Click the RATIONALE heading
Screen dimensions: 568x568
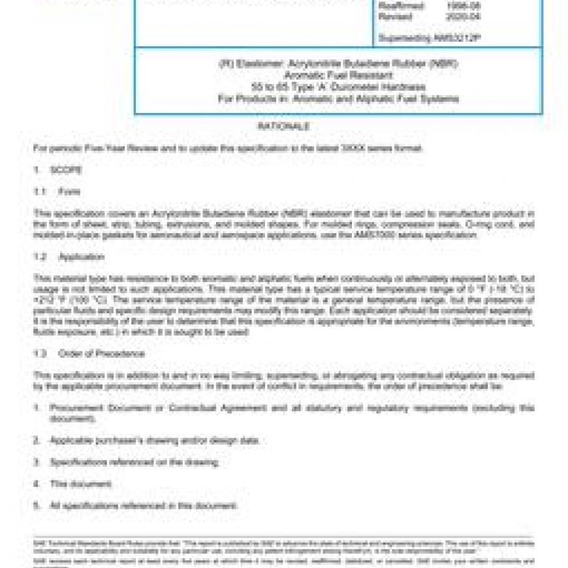(283, 127)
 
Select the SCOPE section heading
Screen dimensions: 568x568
(66, 170)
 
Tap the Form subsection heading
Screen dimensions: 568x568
(69, 192)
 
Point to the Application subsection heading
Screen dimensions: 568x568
(82, 257)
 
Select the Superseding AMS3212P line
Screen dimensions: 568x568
(430, 39)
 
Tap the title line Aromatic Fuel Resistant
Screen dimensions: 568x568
(338, 75)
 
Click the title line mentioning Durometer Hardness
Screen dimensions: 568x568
(338, 87)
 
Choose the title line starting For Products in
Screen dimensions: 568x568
(338, 99)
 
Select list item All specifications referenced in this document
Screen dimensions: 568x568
(144, 506)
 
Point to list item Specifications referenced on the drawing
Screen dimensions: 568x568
(134, 462)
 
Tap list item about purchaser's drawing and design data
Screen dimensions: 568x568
(155, 441)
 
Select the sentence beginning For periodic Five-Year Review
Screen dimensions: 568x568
(229, 149)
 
